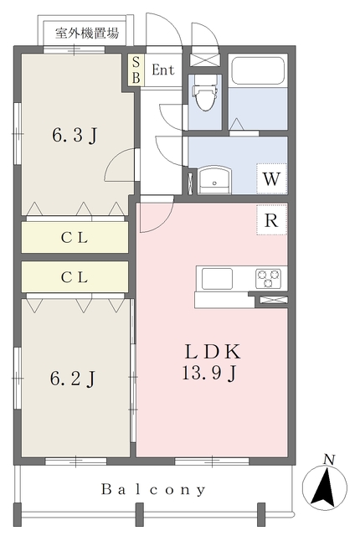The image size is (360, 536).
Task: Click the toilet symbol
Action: pyautogui.click(x=205, y=93)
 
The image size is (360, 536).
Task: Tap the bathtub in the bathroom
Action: pyautogui.click(x=258, y=70)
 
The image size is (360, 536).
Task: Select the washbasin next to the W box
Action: pyautogui.click(x=214, y=179)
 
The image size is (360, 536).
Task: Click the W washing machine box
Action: pyautogui.click(x=271, y=178)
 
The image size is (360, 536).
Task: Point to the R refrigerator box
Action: pyautogui.click(x=271, y=220)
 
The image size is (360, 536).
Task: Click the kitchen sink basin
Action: pyautogui.click(x=217, y=279)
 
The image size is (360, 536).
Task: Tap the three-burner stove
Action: pyautogui.click(x=268, y=278)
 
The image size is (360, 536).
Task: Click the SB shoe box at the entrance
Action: pyautogui.click(x=136, y=70)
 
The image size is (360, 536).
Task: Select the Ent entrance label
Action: pyautogui.click(x=163, y=70)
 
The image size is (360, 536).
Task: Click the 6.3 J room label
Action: pyautogui.click(x=75, y=135)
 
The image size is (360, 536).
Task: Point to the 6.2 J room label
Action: pyautogui.click(x=73, y=379)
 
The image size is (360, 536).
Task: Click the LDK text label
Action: pyautogui.click(x=213, y=352)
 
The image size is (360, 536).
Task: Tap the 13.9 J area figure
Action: pyautogui.click(x=209, y=373)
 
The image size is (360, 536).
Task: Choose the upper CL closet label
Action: pyautogui.click(x=75, y=238)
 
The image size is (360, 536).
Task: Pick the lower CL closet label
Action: pyautogui.click(x=75, y=277)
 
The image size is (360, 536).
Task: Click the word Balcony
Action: pyautogui.click(x=153, y=489)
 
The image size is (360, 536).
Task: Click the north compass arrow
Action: pyautogui.click(x=325, y=487)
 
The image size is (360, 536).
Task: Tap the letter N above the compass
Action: pyautogui.click(x=329, y=460)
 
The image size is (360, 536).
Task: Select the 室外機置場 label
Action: pyautogui.click(x=87, y=33)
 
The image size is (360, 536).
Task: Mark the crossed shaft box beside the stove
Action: pyautogui.click(x=273, y=300)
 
